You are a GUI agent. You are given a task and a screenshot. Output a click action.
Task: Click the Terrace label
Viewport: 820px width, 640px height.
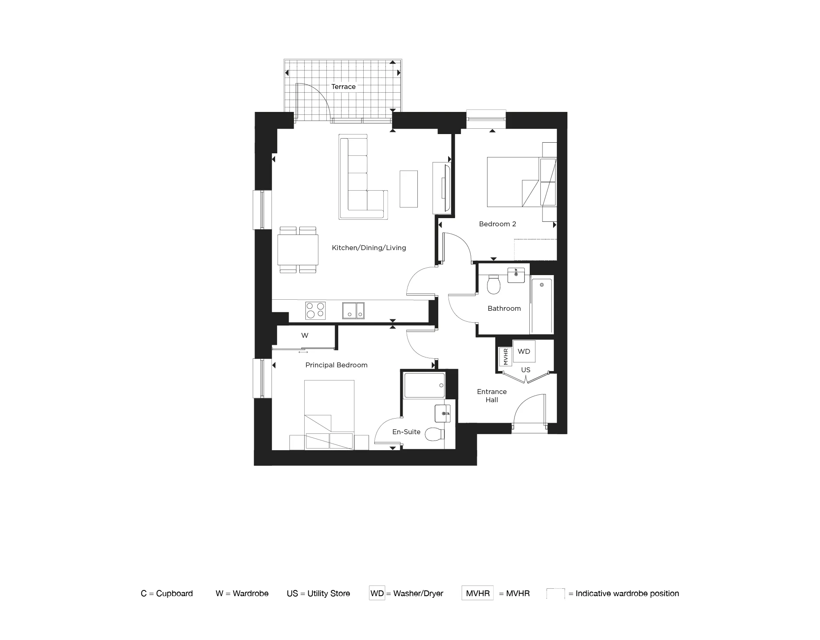pyautogui.click(x=343, y=87)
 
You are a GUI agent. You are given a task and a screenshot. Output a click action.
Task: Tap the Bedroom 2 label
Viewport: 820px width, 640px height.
pyautogui.click(x=497, y=224)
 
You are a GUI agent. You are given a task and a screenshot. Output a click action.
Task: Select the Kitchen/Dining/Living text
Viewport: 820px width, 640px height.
pyautogui.click(x=369, y=248)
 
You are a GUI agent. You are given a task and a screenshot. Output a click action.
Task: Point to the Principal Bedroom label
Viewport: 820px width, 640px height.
pyautogui.click(x=336, y=365)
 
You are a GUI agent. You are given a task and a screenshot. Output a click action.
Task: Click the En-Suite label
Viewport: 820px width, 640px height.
pyautogui.click(x=406, y=432)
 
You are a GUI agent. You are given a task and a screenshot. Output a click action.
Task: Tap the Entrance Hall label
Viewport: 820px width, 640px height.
pyautogui.click(x=492, y=396)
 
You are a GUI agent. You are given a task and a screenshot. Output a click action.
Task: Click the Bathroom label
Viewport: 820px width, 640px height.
pyautogui.click(x=504, y=308)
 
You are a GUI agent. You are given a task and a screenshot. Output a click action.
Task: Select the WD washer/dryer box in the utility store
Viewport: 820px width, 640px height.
pyautogui.click(x=524, y=351)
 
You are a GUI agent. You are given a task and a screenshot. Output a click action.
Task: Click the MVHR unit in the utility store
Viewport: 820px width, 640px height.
pyautogui.click(x=506, y=356)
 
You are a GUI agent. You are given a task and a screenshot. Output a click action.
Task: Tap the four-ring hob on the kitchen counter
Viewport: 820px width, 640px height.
pyautogui.click(x=315, y=310)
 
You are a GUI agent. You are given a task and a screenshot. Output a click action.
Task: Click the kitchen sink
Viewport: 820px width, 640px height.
pyautogui.click(x=353, y=310)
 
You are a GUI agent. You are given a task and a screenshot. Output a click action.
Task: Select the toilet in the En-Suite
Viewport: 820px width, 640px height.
pyautogui.click(x=435, y=434)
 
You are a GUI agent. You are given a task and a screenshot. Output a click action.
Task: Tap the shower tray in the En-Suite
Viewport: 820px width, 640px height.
pyautogui.click(x=424, y=385)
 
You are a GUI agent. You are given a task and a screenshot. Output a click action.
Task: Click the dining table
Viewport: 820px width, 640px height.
pyautogui.click(x=298, y=250)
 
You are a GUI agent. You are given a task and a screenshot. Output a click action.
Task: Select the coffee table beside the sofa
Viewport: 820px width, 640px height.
pyautogui.click(x=409, y=189)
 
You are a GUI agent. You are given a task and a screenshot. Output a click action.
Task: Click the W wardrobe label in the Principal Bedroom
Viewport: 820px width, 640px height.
pyautogui.click(x=305, y=335)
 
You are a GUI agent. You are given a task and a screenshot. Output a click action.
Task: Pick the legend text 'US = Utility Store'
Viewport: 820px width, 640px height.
pyautogui.click(x=318, y=593)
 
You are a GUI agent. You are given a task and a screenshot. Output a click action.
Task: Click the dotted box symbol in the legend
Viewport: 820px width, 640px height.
pyautogui.click(x=556, y=593)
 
